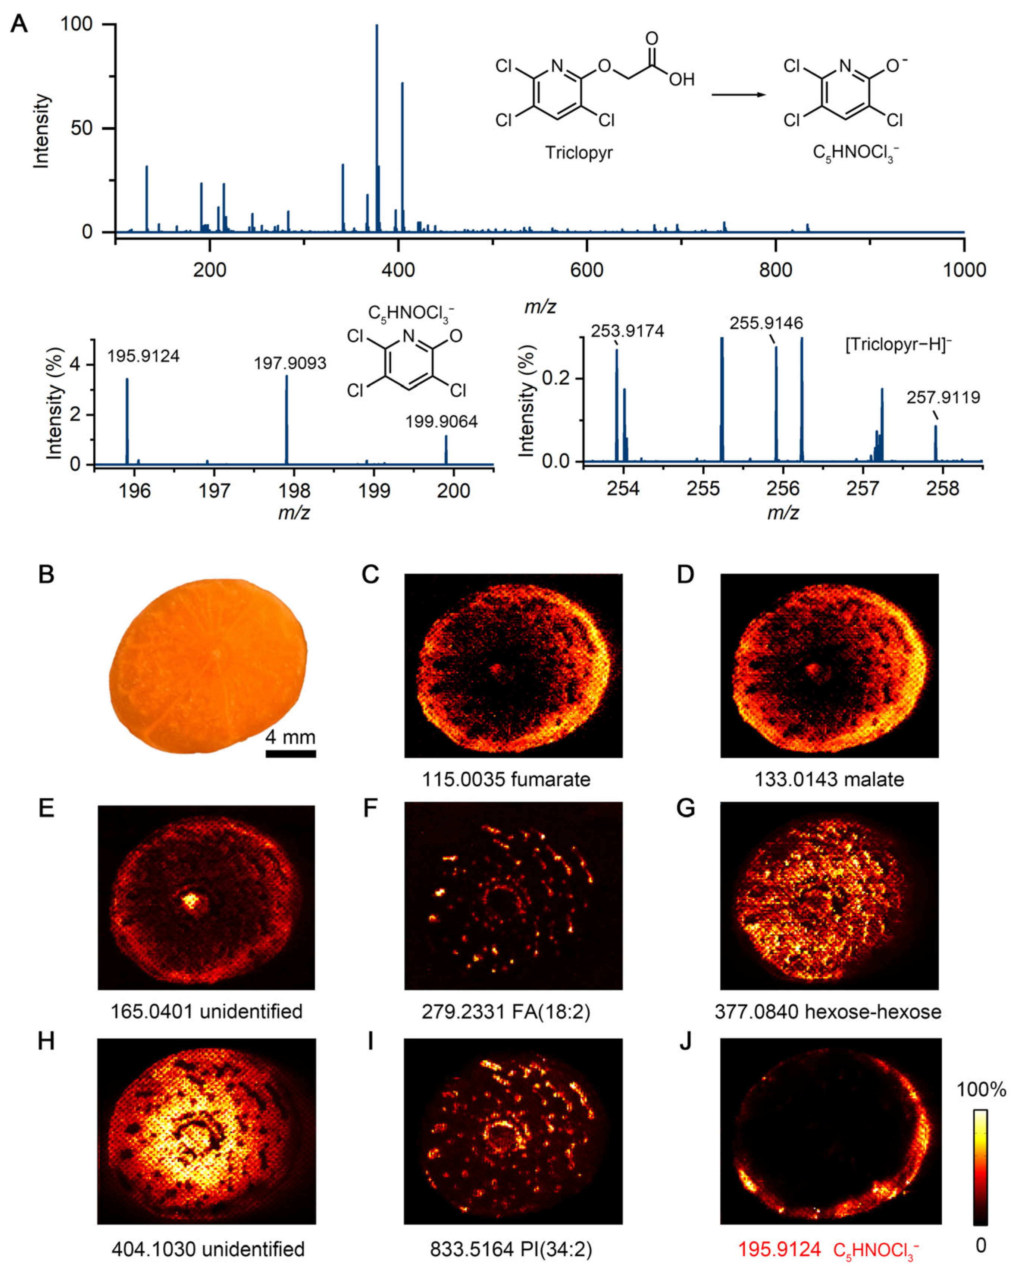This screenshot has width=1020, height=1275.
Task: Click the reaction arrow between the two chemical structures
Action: click(x=738, y=94)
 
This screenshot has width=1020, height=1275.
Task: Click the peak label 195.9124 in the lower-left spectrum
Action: click(x=143, y=356)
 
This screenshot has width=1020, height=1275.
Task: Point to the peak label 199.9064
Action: click(x=441, y=422)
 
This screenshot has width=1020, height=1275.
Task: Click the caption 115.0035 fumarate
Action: click(x=506, y=780)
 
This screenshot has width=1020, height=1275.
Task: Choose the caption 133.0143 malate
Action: click(x=829, y=780)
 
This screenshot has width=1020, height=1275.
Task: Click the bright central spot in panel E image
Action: click(x=191, y=901)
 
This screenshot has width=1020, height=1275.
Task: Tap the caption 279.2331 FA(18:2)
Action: click(x=506, y=1012)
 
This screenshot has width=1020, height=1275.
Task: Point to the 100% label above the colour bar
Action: click(x=981, y=1090)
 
